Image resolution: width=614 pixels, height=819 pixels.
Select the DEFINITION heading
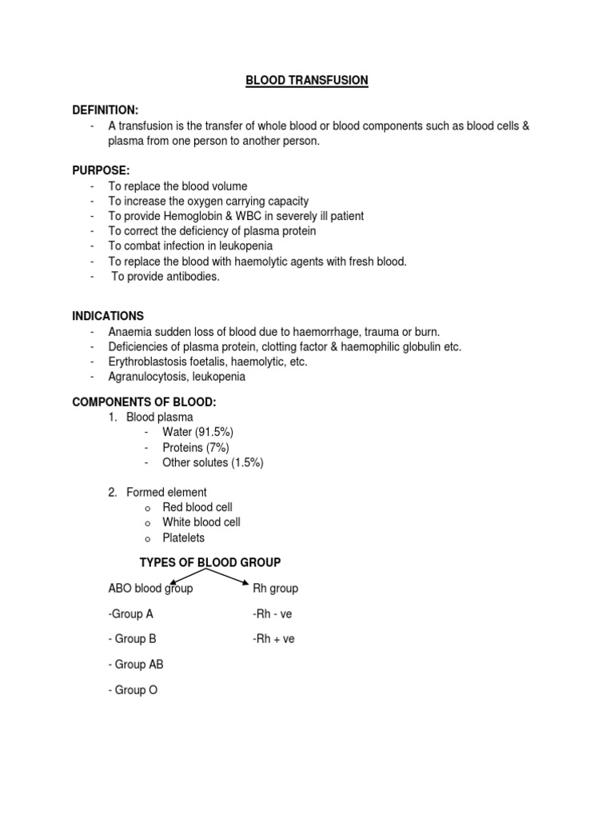(106, 110)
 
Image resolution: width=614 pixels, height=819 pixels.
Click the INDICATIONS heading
(108, 316)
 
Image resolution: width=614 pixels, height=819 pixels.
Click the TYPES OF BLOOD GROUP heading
(210, 562)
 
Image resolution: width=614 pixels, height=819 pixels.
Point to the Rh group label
(275, 588)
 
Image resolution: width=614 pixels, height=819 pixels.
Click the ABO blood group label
(150, 588)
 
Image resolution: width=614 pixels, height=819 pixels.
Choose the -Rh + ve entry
(273, 639)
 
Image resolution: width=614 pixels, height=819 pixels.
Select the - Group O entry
(133, 689)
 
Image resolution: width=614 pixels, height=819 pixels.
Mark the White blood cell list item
(201, 522)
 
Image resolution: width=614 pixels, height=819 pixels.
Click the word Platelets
(183, 537)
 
